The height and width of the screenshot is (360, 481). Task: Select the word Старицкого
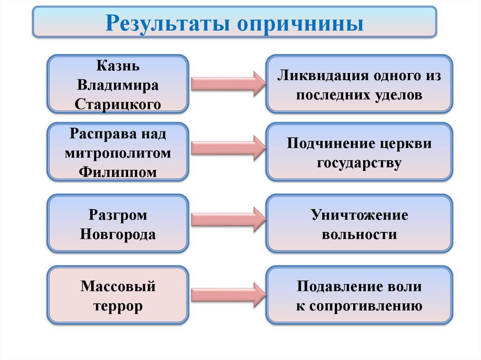[x=118, y=103]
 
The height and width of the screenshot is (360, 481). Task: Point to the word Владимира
[x=118, y=85]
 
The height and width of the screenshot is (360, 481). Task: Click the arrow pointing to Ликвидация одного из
[x=228, y=84]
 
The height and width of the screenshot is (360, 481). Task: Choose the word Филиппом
[x=118, y=171]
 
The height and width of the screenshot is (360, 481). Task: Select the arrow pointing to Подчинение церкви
[x=228, y=147]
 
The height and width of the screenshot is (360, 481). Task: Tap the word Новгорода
[x=118, y=234]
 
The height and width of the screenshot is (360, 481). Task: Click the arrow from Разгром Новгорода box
[x=228, y=219]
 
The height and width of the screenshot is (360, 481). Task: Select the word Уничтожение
[x=359, y=215]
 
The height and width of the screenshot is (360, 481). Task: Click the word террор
[x=118, y=306]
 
